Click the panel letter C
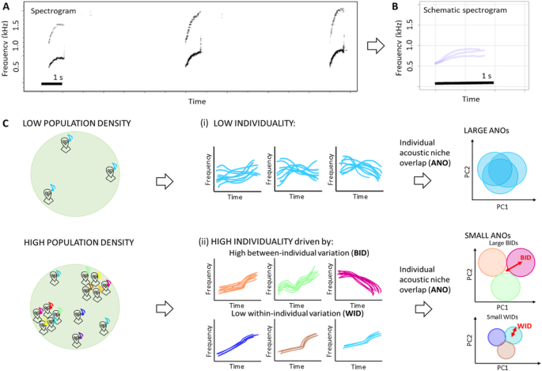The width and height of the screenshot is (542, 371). [6, 123]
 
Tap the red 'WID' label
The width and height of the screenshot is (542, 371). [525, 325]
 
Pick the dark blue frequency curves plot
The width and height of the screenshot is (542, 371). [235, 344]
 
